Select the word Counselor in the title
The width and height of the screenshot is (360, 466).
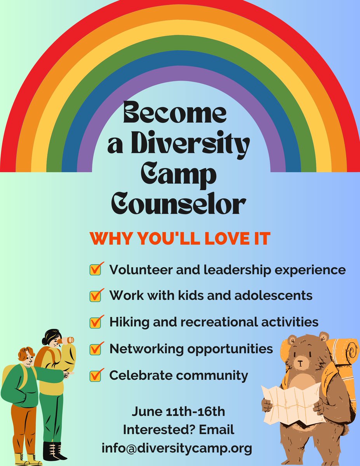coord(179,203)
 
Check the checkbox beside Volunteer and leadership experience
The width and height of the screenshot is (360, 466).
coord(95,269)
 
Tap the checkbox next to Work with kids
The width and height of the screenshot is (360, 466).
coord(95,296)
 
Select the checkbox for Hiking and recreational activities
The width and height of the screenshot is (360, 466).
coord(95,322)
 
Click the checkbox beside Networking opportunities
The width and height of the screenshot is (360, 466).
coord(95,349)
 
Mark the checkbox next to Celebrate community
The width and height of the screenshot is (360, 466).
coord(95,375)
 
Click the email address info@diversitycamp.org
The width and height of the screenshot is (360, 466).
coord(177,448)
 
